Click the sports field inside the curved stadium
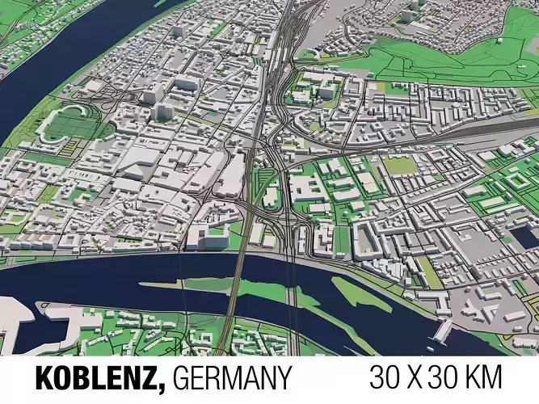69,128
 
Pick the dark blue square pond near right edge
522,236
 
